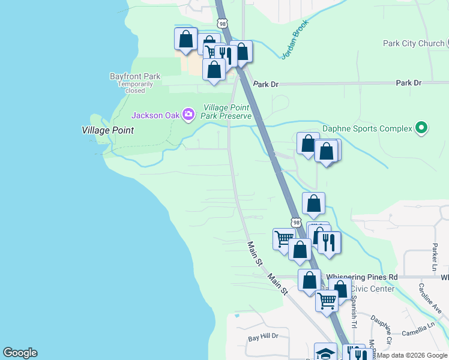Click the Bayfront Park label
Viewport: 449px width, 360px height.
point(135,76)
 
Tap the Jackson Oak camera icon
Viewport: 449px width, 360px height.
point(188,114)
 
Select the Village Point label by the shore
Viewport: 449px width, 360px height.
point(107,130)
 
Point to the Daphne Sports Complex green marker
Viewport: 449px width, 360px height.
point(421,128)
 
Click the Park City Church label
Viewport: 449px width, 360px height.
point(413,43)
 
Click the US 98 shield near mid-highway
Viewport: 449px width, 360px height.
point(297,222)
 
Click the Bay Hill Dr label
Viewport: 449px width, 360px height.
point(264,338)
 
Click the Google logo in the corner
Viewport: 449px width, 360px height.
point(20,353)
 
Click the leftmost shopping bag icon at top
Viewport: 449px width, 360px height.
point(186,39)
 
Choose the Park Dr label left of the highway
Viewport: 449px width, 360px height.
point(266,85)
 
